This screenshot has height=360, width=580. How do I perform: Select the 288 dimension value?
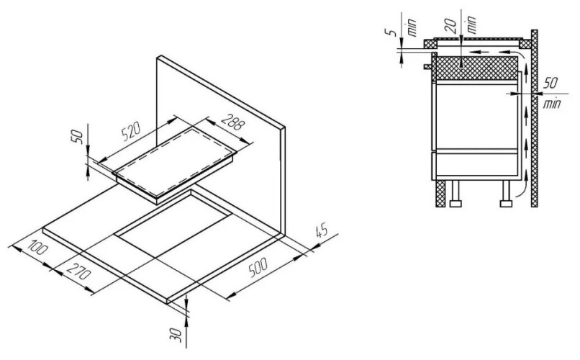231,125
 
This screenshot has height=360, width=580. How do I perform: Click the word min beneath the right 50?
552,105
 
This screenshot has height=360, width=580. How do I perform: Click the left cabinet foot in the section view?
456,197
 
